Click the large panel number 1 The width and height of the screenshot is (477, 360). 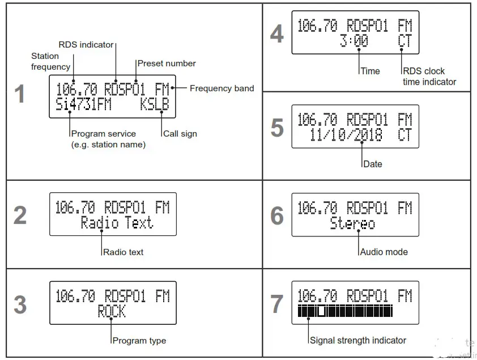click(x=20, y=94)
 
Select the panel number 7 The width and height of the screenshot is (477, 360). click(x=276, y=304)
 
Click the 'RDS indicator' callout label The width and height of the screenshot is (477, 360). click(x=86, y=45)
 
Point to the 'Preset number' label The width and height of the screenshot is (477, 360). click(x=167, y=63)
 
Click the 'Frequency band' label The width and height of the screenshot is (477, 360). click(x=222, y=88)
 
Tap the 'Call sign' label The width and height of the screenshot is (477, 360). click(x=180, y=134)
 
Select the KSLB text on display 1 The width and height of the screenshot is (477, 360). click(x=155, y=105)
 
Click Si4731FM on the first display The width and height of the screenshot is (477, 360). click(x=84, y=105)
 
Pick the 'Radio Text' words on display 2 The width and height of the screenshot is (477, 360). click(x=117, y=223)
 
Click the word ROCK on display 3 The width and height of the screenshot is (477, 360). click(x=112, y=311)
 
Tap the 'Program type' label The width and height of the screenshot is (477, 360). click(x=139, y=341)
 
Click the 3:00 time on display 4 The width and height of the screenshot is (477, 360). click(x=354, y=41)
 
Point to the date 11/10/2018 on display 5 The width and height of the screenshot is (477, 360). click(x=346, y=135)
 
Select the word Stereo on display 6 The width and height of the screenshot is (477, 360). click(x=352, y=223)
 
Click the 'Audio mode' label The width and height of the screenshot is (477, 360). click(x=384, y=252)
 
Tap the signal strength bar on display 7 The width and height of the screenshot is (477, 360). click(x=345, y=311)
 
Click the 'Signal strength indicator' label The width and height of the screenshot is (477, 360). click(x=358, y=341)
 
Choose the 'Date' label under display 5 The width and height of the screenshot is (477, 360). click(x=373, y=164)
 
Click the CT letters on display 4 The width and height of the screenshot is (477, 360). click(x=404, y=41)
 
